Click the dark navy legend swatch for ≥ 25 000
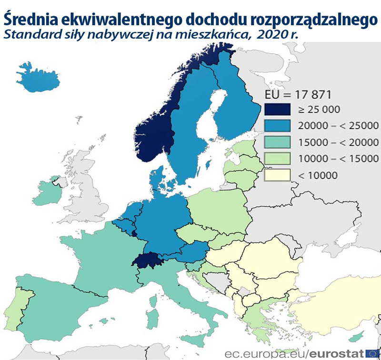(277, 109)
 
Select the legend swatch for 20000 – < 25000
(277, 125)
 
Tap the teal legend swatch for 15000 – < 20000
(277, 142)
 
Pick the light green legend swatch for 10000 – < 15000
(277, 158)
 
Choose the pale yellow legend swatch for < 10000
(277, 175)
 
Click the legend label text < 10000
(318, 175)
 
